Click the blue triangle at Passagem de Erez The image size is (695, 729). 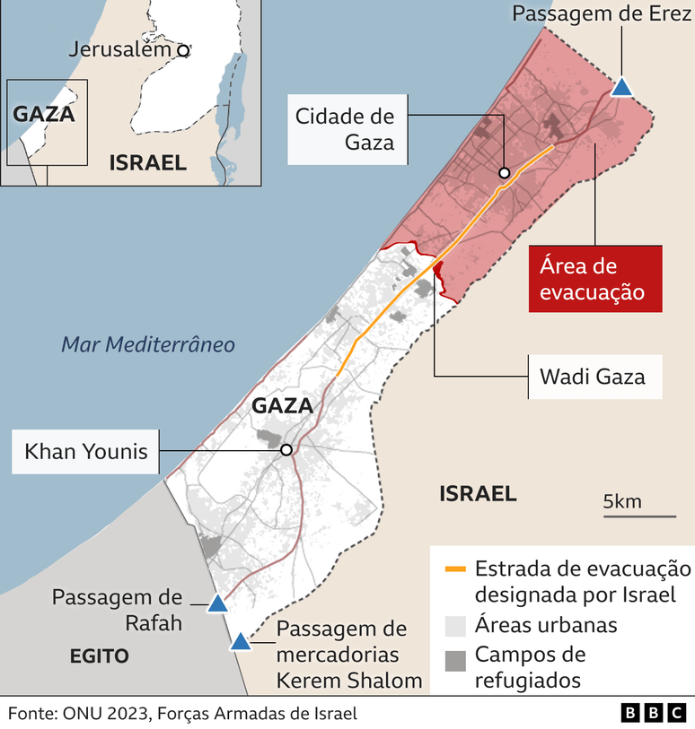621,87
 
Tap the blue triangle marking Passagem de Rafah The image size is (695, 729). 217,604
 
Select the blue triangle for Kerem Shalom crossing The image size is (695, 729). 240,642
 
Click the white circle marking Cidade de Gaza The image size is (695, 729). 505,173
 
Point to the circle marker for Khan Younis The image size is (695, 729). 286,450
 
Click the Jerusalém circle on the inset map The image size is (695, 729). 183,51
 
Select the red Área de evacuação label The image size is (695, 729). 594,278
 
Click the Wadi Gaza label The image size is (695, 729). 593,376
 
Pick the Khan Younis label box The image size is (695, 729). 86,450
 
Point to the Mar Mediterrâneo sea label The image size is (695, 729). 148,344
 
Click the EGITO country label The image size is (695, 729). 100,656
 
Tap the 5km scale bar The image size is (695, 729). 639,516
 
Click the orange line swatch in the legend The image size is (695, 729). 456,569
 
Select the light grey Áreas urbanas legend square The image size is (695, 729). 456,625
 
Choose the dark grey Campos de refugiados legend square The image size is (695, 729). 456,661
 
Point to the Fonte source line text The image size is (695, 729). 183,713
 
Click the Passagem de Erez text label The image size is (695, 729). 601,14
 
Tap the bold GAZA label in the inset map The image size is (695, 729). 43,115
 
